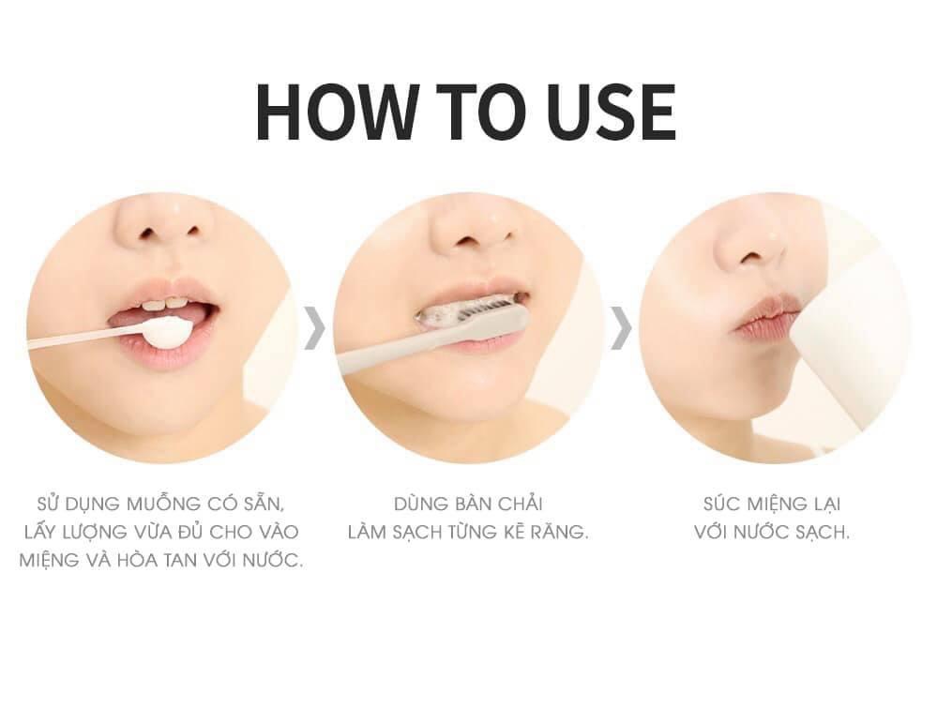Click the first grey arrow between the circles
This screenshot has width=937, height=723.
[314, 327]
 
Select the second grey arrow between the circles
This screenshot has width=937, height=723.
[622, 327]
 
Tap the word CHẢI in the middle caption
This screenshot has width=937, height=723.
[519, 504]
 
